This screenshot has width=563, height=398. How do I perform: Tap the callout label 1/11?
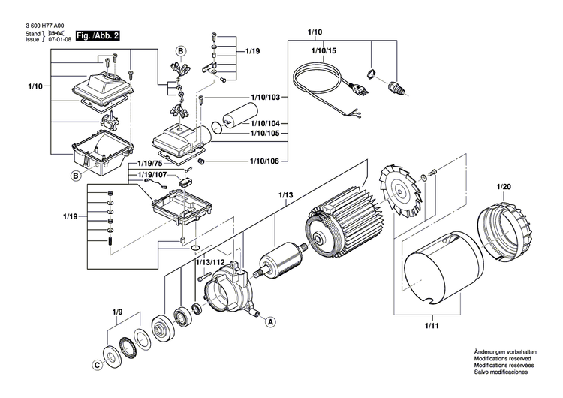pos(432,324)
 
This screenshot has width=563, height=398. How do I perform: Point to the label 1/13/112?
pos(210,262)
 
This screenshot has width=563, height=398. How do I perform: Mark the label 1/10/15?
pos(317,50)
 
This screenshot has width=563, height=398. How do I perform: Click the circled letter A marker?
pos(269,321)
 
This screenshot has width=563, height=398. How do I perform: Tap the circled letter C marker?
pos(97,366)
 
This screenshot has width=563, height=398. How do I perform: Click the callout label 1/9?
pos(117,311)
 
